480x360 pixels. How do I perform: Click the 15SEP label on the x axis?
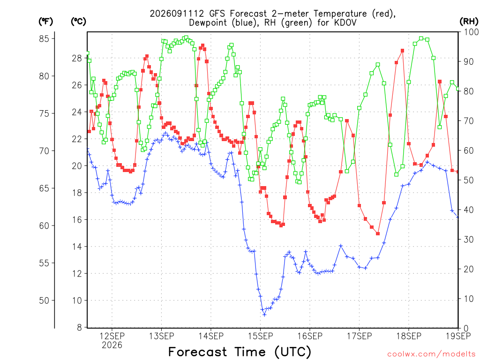(x=261, y=336)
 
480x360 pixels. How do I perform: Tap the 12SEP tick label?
(x=112, y=336)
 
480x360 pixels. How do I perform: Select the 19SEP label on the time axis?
(x=458, y=336)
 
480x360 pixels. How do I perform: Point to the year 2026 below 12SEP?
(x=112, y=345)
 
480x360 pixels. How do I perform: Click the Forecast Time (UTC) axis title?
(x=240, y=352)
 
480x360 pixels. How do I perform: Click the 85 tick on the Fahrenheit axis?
(x=44, y=38)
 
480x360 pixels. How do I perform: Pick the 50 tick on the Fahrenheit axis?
(x=44, y=300)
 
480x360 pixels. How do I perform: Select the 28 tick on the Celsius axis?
(x=77, y=58)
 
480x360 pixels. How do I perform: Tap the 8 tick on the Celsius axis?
(x=80, y=328)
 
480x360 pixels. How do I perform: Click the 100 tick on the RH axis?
(x=472, y=32)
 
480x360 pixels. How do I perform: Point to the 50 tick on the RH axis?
(x=469, y=180)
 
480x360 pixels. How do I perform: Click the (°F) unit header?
(x=45, y=22)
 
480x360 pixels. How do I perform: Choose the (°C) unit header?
(x=78, y=22)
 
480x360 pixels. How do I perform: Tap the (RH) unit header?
(x=469, y=22)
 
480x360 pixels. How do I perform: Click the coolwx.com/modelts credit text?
(x=431, y=354)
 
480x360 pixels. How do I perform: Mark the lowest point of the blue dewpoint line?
(x=264, y=315)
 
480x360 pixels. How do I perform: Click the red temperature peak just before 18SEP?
(x=403, y=51)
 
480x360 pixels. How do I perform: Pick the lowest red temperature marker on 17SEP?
(x=378, y=233)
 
